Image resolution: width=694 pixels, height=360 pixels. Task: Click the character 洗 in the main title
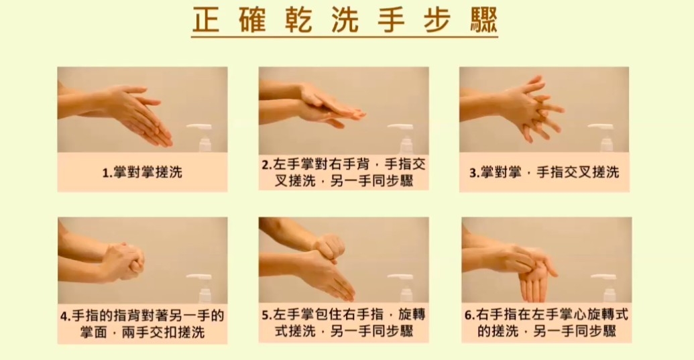pos(345,20)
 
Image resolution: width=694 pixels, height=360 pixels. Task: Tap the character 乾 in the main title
pos(299,20)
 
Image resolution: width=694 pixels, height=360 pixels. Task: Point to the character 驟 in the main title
pos(483,20)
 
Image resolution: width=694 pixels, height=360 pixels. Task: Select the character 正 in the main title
pos(207,20)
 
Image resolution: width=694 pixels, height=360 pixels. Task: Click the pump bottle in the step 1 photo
pos(201,137)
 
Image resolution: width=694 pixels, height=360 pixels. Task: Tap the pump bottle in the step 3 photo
pos(602,137)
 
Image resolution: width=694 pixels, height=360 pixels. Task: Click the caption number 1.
pos(105,172)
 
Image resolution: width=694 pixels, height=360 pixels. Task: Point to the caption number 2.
pos(265,165)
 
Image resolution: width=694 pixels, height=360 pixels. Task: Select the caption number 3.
pos(473,172)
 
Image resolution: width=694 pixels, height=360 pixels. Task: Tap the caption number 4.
pos(64,316)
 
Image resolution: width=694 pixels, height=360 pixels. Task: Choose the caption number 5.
pos(265,315)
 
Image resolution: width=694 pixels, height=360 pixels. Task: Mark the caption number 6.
pos(468,315)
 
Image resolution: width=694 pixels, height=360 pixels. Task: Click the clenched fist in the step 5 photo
pos(329,247)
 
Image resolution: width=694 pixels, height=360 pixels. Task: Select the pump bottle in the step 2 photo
pos(402,137)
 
